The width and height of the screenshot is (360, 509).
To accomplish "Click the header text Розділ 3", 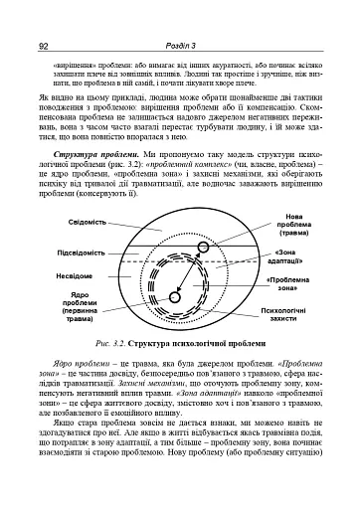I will tap(180, 18).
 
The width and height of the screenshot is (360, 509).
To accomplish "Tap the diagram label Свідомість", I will tap(67, 221).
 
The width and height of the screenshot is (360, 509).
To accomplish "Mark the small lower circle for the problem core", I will tap(174, 296).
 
